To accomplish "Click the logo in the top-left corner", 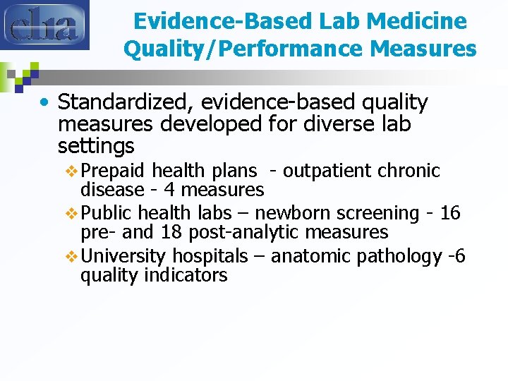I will (44, 25).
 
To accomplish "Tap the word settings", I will (96, 147).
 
